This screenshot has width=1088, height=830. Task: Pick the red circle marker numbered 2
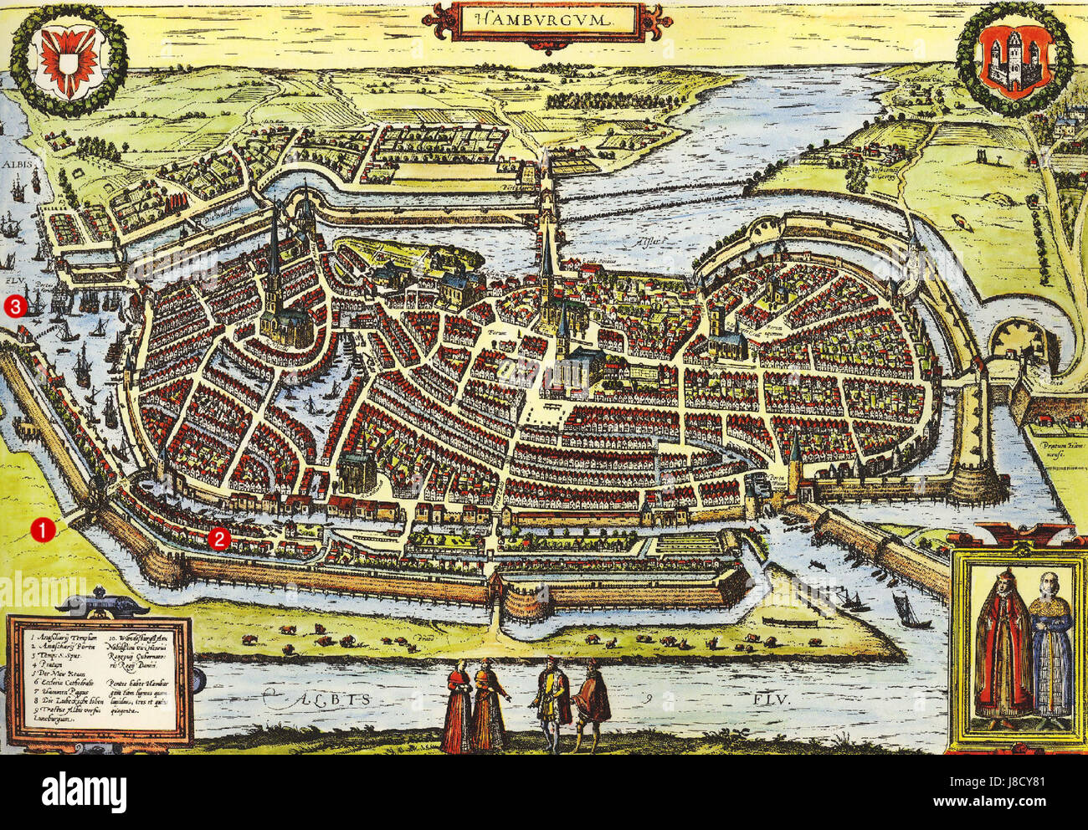[218, 539]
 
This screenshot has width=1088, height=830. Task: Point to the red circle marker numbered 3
[15, 306]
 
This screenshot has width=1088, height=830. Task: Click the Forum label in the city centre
[500, 332]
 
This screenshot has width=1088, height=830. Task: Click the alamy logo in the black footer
[85, 792]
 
